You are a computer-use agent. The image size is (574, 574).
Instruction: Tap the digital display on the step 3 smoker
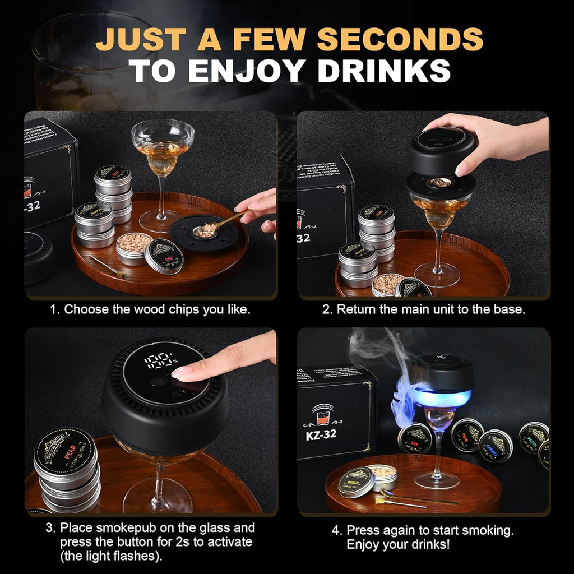(160, 360)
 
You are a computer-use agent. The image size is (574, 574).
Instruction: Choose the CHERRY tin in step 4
(496, 446)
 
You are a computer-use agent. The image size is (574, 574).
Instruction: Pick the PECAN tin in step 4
(533, 437)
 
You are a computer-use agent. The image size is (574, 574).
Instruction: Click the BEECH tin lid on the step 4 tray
(356, 482)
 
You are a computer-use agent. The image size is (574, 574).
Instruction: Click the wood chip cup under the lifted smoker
(441, 183)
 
